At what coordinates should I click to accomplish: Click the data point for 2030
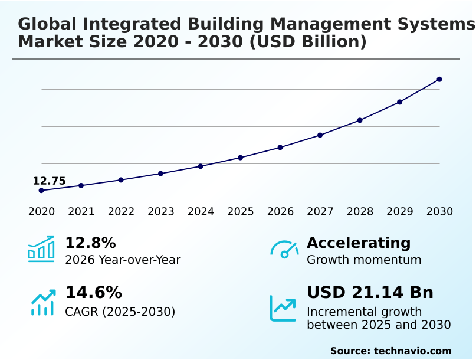pyautogui.click(x=439, y=79)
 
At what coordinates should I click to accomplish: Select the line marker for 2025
pyautogui.click(x=241, y=158)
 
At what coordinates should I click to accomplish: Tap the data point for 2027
pyautogui.click(x=320, y=135)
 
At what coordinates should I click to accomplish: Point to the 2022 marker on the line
pyautogui.click(x=121, y=180)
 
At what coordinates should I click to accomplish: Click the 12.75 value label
pyautogui.click(x=49, y=181)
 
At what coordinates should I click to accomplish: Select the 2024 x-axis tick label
pyautogui.click(x=201, y=212)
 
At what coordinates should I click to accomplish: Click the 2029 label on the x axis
pyautogui.click(x=400, y=212)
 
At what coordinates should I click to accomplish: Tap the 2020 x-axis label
pyautogui.click(x=41, y=212)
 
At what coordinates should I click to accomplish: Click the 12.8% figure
pyautogui.click(x=90, y=243)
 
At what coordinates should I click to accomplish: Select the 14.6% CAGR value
pyautogui.click(x=93, y=293)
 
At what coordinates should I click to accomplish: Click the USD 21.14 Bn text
pyautogui.click(x=370, y=293)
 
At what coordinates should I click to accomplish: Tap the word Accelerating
pyautogui.click(x=359, y=243)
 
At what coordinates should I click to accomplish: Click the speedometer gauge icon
pyautogui.click(x=284, y=250)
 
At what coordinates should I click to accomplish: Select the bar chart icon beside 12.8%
pyautogui.click(x=41, y=250)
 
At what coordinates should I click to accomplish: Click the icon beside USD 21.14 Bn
pyautogui.click(x=283, y=307)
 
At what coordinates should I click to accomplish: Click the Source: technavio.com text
pyautogui.click(x=390, y=351)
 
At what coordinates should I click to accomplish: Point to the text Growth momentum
pyautogui.click(x=364, y=260)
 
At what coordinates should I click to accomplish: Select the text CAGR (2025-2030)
pyautogui.click(x=120, y=312)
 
